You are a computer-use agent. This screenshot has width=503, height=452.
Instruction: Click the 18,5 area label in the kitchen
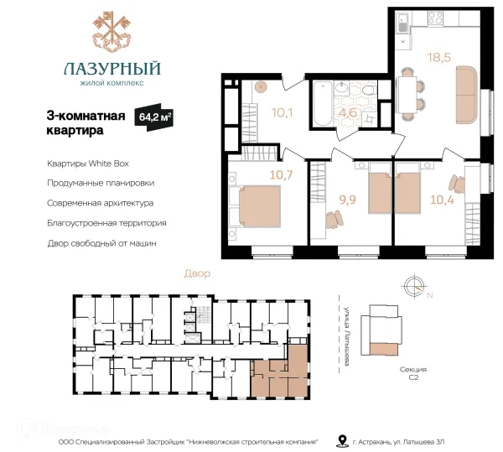[439, 57]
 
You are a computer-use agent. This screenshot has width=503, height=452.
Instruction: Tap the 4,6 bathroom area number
[349, 112]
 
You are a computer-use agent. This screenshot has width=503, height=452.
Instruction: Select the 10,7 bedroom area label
[282, 174]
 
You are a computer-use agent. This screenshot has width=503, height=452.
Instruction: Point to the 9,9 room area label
[348, 200]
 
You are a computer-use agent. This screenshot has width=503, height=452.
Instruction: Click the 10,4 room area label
[442, 200]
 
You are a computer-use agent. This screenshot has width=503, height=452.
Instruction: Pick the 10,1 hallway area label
[282, 112]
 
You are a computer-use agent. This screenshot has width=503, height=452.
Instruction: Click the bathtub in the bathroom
[323, 103]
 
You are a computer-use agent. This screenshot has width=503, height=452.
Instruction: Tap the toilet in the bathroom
[369, 89]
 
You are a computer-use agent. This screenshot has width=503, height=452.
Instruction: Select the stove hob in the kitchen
[436, 18]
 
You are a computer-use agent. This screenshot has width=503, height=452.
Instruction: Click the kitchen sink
[403, 22]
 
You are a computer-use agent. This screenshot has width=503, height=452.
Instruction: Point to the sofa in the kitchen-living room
[467, 95]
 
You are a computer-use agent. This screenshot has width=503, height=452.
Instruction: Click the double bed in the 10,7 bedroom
[256, 206]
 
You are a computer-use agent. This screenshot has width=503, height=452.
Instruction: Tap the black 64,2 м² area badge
[154, 117]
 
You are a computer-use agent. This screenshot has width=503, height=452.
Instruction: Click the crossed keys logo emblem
[112, 31]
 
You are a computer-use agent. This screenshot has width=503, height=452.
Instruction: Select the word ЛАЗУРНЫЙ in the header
[112, 69]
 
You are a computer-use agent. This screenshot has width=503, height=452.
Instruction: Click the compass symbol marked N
[415, 286]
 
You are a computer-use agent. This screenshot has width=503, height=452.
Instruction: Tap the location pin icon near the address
[342, 441]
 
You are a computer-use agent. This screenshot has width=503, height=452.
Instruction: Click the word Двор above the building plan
[197, 273]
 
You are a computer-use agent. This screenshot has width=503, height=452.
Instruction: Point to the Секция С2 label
[413, 373]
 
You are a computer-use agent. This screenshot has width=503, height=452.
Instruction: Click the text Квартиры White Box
[88, 164]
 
